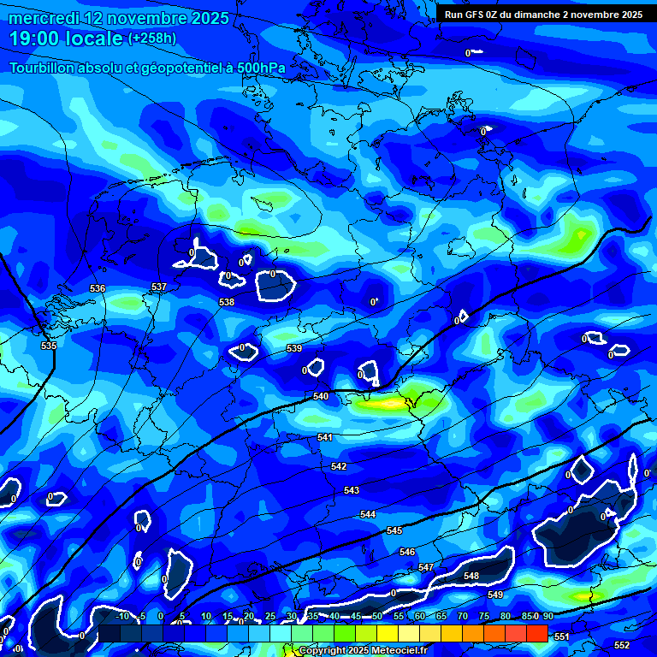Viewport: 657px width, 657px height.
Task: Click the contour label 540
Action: point(321,396)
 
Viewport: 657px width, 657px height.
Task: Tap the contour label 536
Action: point(98,288)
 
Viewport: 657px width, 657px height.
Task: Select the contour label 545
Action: point(394,531)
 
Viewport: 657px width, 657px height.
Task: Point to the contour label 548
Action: point(471,576)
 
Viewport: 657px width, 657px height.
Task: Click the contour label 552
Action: point(622,644)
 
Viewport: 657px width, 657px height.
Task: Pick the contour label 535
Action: point(49,346)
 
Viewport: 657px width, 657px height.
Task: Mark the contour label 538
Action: point(227,302)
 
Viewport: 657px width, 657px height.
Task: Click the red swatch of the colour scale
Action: point(536,632)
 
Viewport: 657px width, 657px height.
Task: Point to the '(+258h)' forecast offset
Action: point(152,38)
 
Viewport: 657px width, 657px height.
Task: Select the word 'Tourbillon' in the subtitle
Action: point(43,68)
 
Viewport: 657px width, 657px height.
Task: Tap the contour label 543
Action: point(352,490)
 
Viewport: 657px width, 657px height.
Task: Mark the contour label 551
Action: point(561,636)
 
